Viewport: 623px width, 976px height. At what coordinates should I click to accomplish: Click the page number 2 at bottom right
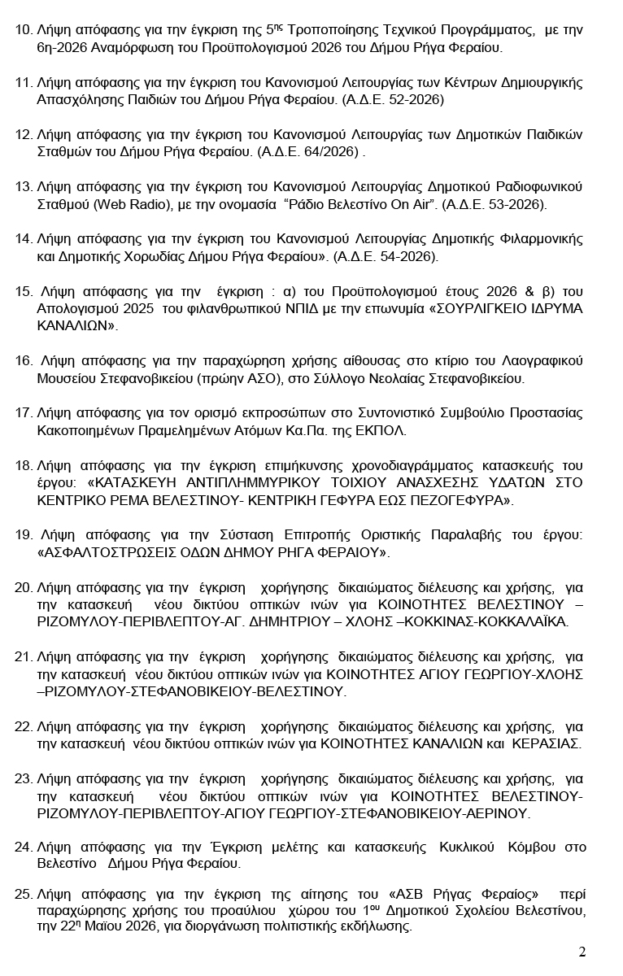582,952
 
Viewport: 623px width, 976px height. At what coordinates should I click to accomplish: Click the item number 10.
24,31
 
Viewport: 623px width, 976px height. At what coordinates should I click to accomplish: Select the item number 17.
24,413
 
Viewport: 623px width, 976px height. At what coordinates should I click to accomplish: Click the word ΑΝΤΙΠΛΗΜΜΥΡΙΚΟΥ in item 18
261,483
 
